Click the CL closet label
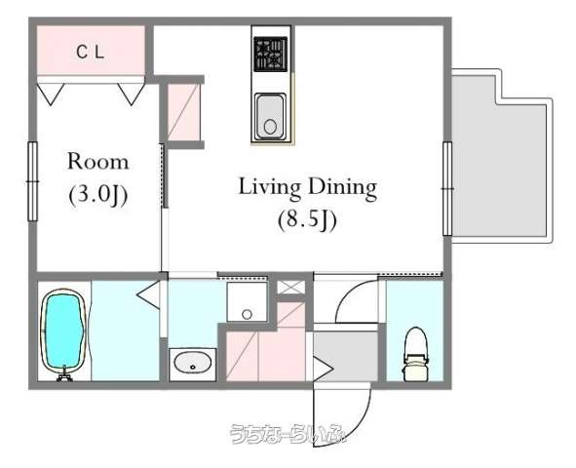[91, 52]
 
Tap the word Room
[98, 162]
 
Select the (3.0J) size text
[98, 195]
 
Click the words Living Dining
[308, 187]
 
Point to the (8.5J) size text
[307, 220]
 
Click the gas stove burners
[270, 54]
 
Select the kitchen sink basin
[270, 116]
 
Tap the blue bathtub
[64, 331]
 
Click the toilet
[415, 354]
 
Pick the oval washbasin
[193, 362]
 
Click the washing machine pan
[247, 302]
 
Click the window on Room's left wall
[33, 181]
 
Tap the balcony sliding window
[447, 188]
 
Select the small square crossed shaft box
[290, 287]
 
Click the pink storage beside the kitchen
[183, 112]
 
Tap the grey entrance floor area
[346, 356]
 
